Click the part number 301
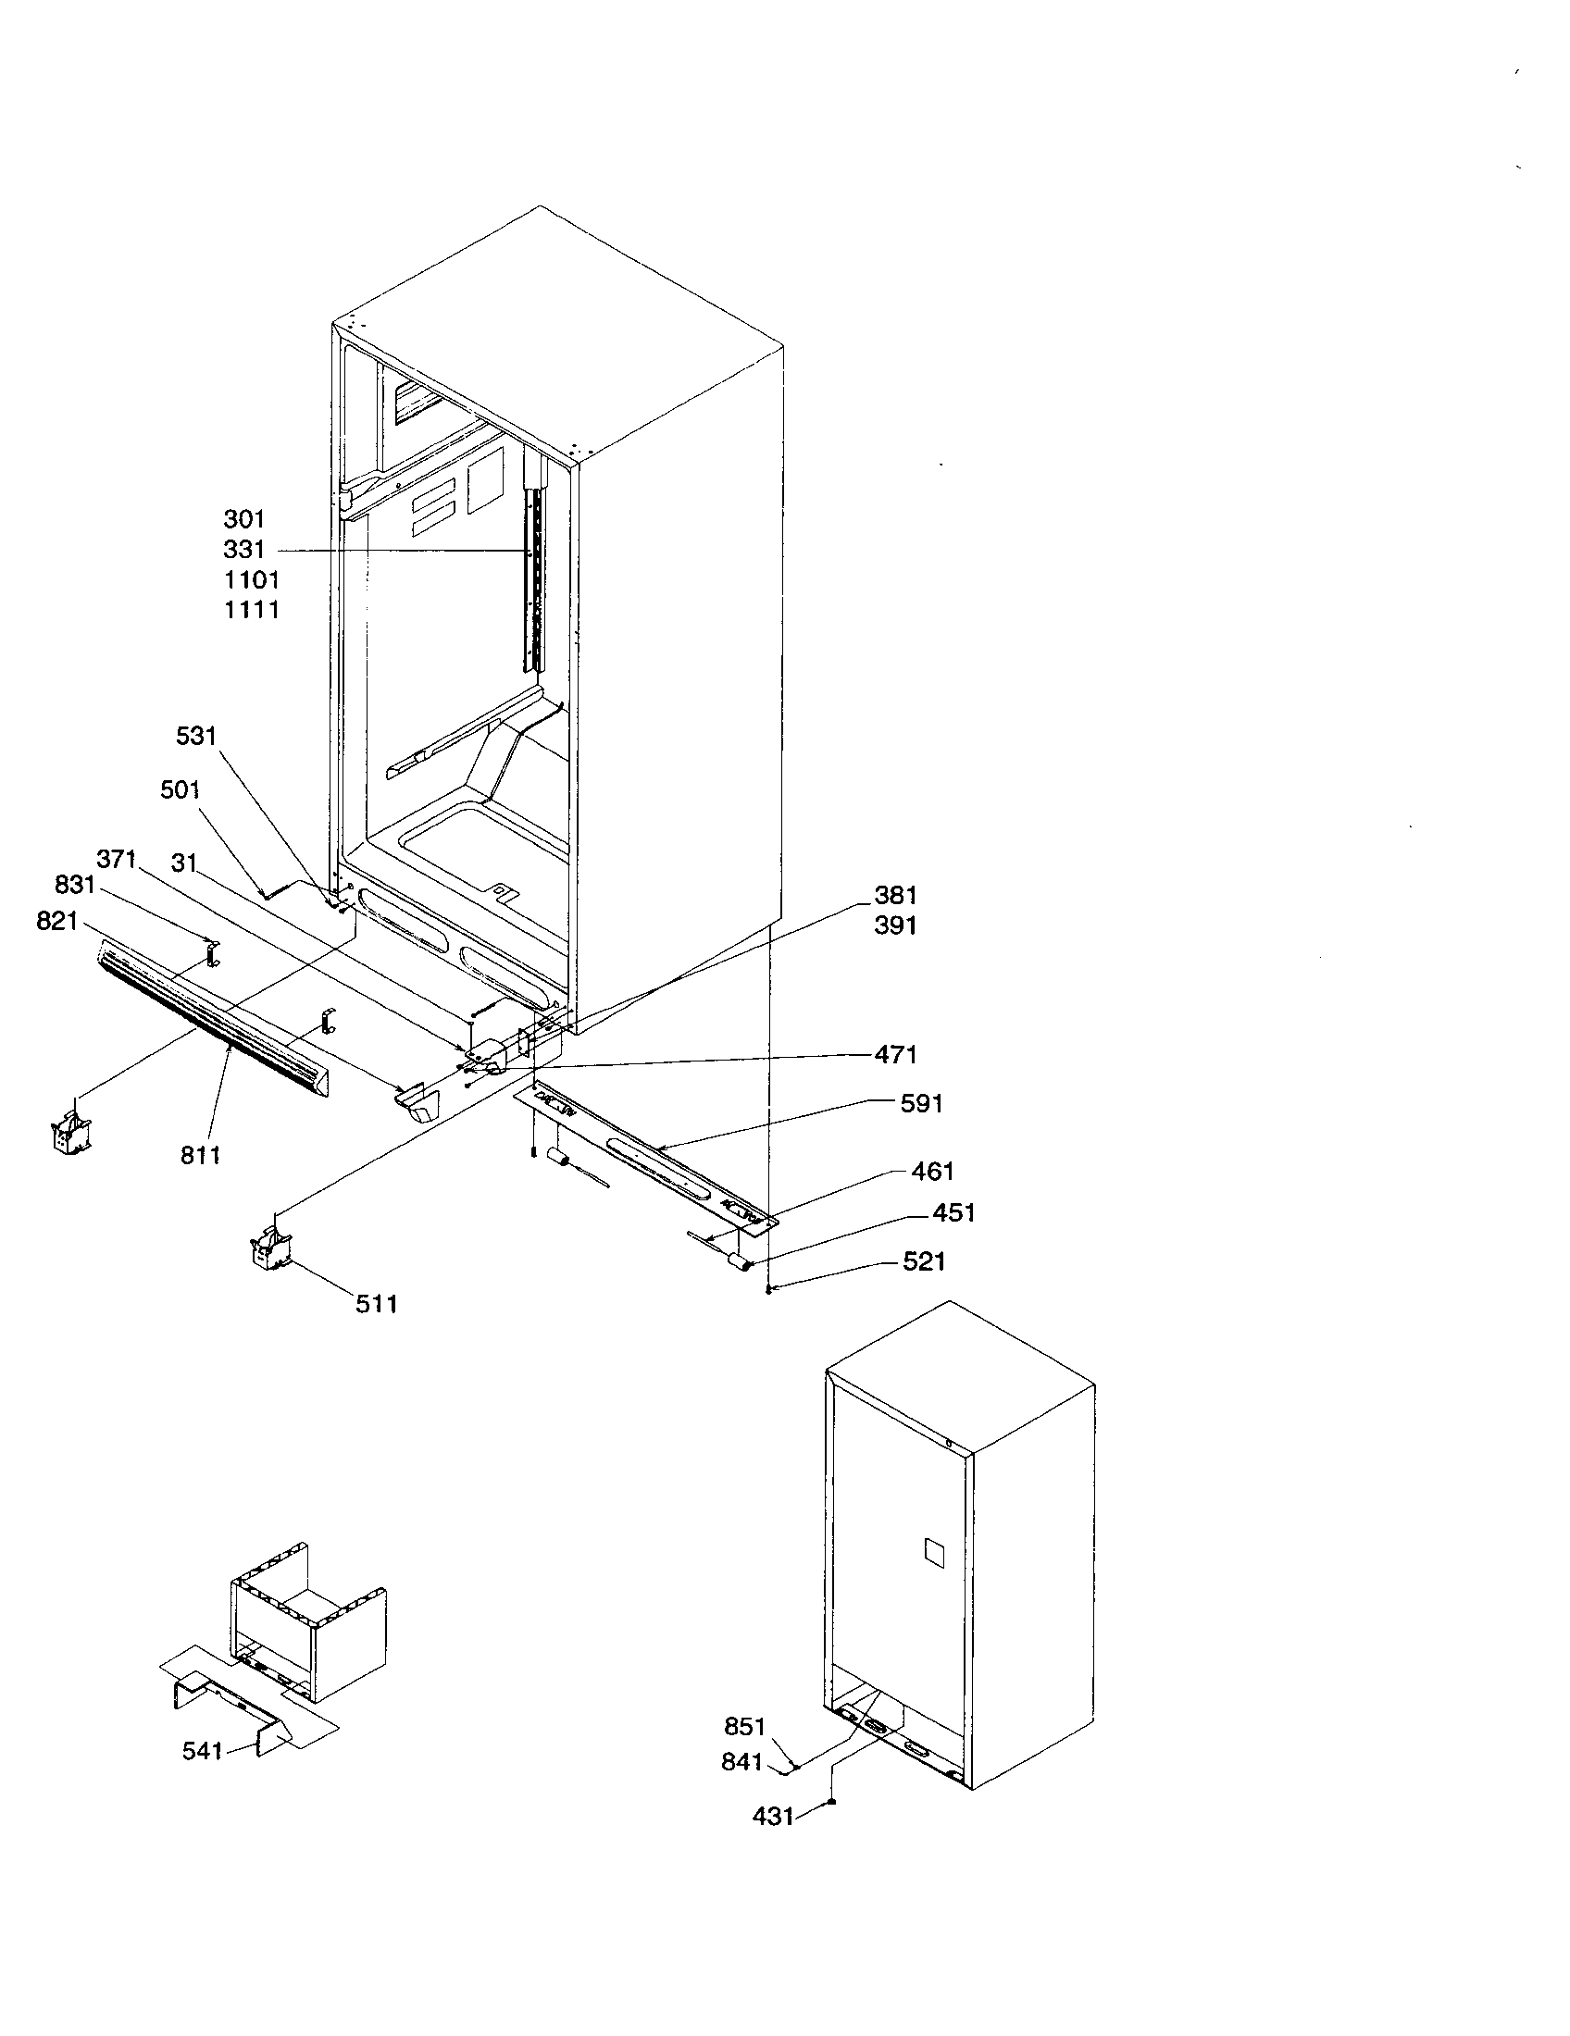tap(244, 519)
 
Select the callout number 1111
tap(252, 610)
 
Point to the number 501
tap(180, 789)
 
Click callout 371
tap(117, 859)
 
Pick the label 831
tap(75, 884)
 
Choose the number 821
tap(56, 921)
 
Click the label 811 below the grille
tap(201, 1155)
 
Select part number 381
tap(895, 895)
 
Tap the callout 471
tap(895, 1054)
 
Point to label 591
tap(921, 1103)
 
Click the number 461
tap(932, 1171)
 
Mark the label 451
tap(953, 1212)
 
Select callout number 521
tap(924, 1261)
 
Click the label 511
tap(377, 1303)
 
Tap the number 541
tap(203, 1751)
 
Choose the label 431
tap(773, 1816)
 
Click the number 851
tap(744, 1727)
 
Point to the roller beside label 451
tap(741, 1263)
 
